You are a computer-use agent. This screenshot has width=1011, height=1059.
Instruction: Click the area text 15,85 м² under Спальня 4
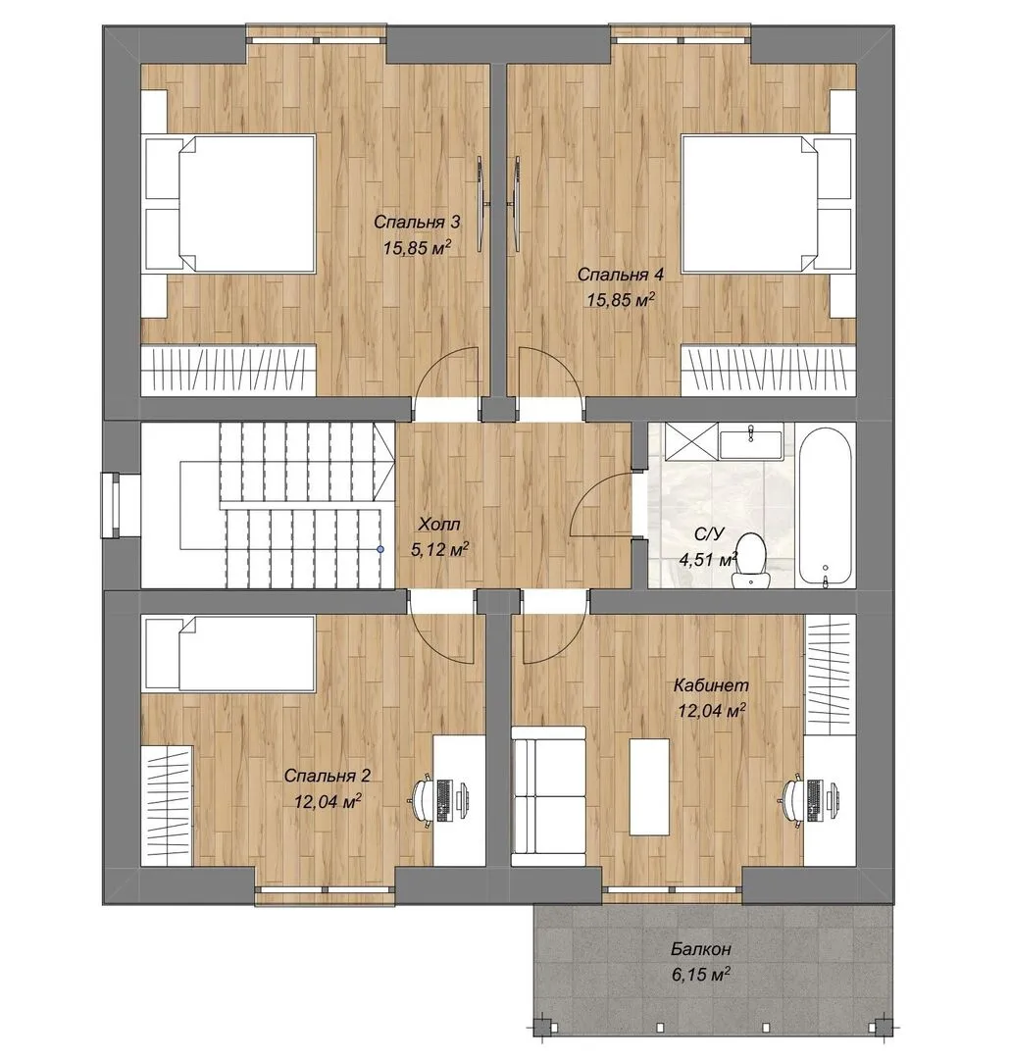click(622, 299)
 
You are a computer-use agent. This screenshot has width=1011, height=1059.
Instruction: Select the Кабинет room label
click(711, 684)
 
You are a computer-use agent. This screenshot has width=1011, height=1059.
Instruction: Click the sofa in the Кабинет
click(548, 796)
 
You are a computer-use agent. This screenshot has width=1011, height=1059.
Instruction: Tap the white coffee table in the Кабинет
click(650, 786)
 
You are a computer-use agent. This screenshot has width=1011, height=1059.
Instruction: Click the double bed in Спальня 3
click(230, 204)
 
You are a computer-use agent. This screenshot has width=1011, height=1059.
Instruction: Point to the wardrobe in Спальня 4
click(768, 370)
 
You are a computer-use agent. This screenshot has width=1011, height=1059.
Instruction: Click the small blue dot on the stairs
click(380, 550)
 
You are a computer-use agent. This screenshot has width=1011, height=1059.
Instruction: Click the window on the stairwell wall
click(110, 506)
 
